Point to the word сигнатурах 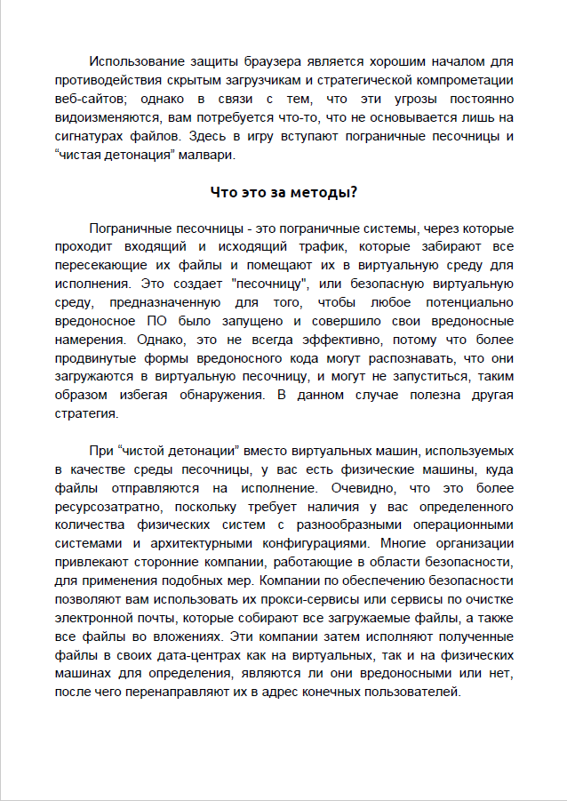click(x=93, y=136)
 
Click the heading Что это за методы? click(x=283, y=193)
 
